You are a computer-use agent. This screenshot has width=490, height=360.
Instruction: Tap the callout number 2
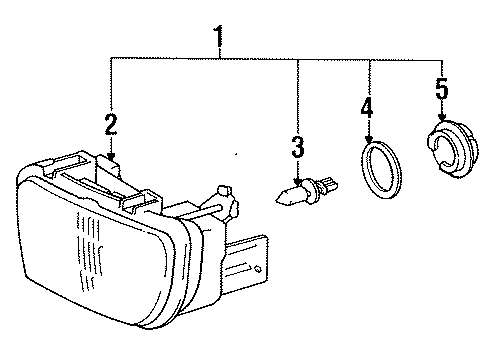pos(111,125)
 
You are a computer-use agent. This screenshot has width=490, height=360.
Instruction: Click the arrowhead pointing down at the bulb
pos(297,175)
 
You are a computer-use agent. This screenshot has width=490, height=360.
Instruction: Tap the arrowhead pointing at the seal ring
pos(370,139)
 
